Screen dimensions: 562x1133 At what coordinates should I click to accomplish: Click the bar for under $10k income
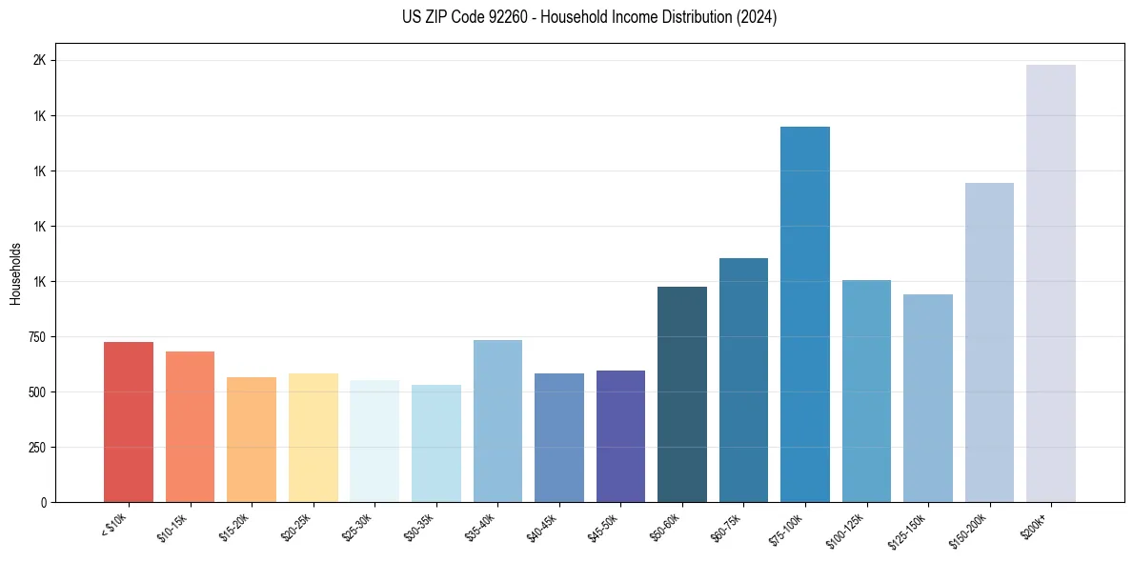pyautogui.click(x=129, y=422)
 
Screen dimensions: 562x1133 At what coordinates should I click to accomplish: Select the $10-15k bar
pyautogui.click(x=190, y=427)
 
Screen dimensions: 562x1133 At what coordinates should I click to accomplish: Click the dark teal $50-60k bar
pyautogui.click(x=682, y=394)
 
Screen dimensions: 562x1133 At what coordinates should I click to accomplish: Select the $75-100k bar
pyautogui.click(x=805, y=314)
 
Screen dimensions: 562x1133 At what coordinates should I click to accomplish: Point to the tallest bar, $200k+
pyautogui.click(x=1051, y=284)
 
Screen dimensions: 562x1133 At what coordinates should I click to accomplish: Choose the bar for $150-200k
pyautogui.click(x=989, y=342)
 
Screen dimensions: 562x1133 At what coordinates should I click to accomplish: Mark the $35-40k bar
pyautogui.click(x=497, y=421)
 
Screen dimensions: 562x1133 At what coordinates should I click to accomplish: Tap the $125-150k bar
pyautogui.click(x=928, y=398)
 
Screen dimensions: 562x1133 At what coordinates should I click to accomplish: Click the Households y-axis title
pyautogui.click(x=15, y=273)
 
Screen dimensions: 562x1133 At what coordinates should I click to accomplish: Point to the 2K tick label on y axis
pyautogui.click(x=39, y=61)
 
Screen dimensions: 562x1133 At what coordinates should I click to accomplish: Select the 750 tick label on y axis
pyautogui.click(x=35, y=337)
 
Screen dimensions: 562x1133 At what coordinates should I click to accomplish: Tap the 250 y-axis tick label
pyautogui.click(x=35, y=448)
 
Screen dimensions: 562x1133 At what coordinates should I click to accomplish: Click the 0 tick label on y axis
pyautogui.click(x=43, y=503)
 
